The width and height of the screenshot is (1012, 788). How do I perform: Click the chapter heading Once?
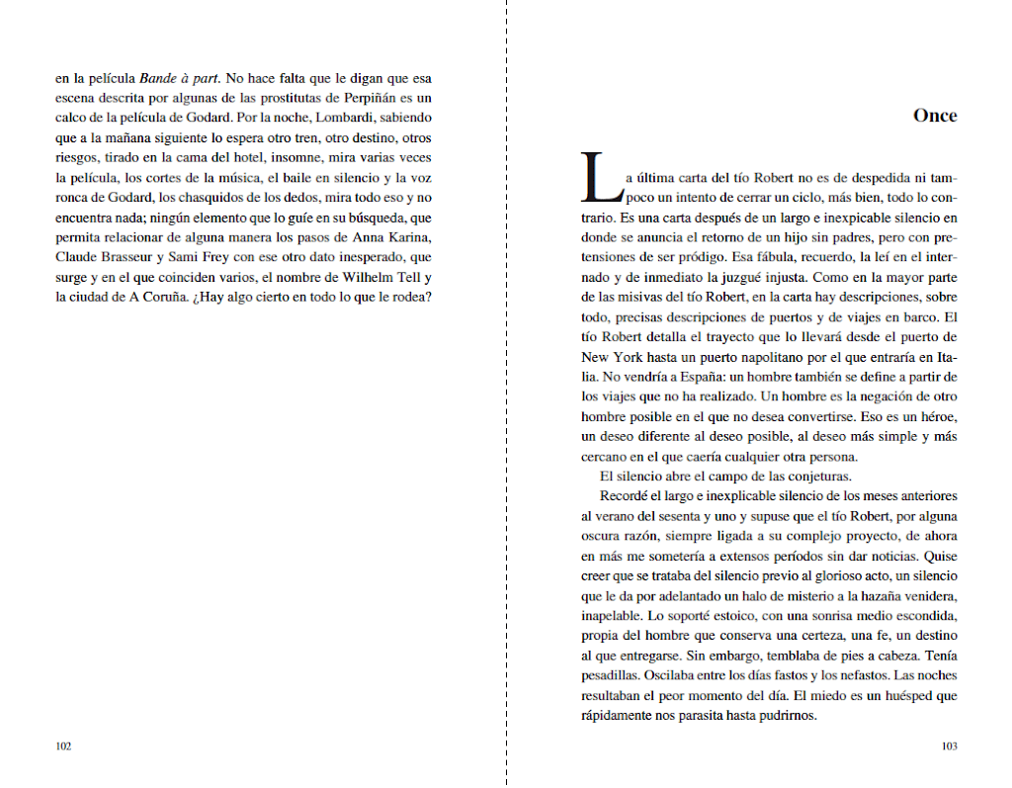tap(935, 116)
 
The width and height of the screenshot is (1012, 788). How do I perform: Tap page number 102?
tap(63, 746)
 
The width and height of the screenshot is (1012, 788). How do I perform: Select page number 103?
tap(949, 746)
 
